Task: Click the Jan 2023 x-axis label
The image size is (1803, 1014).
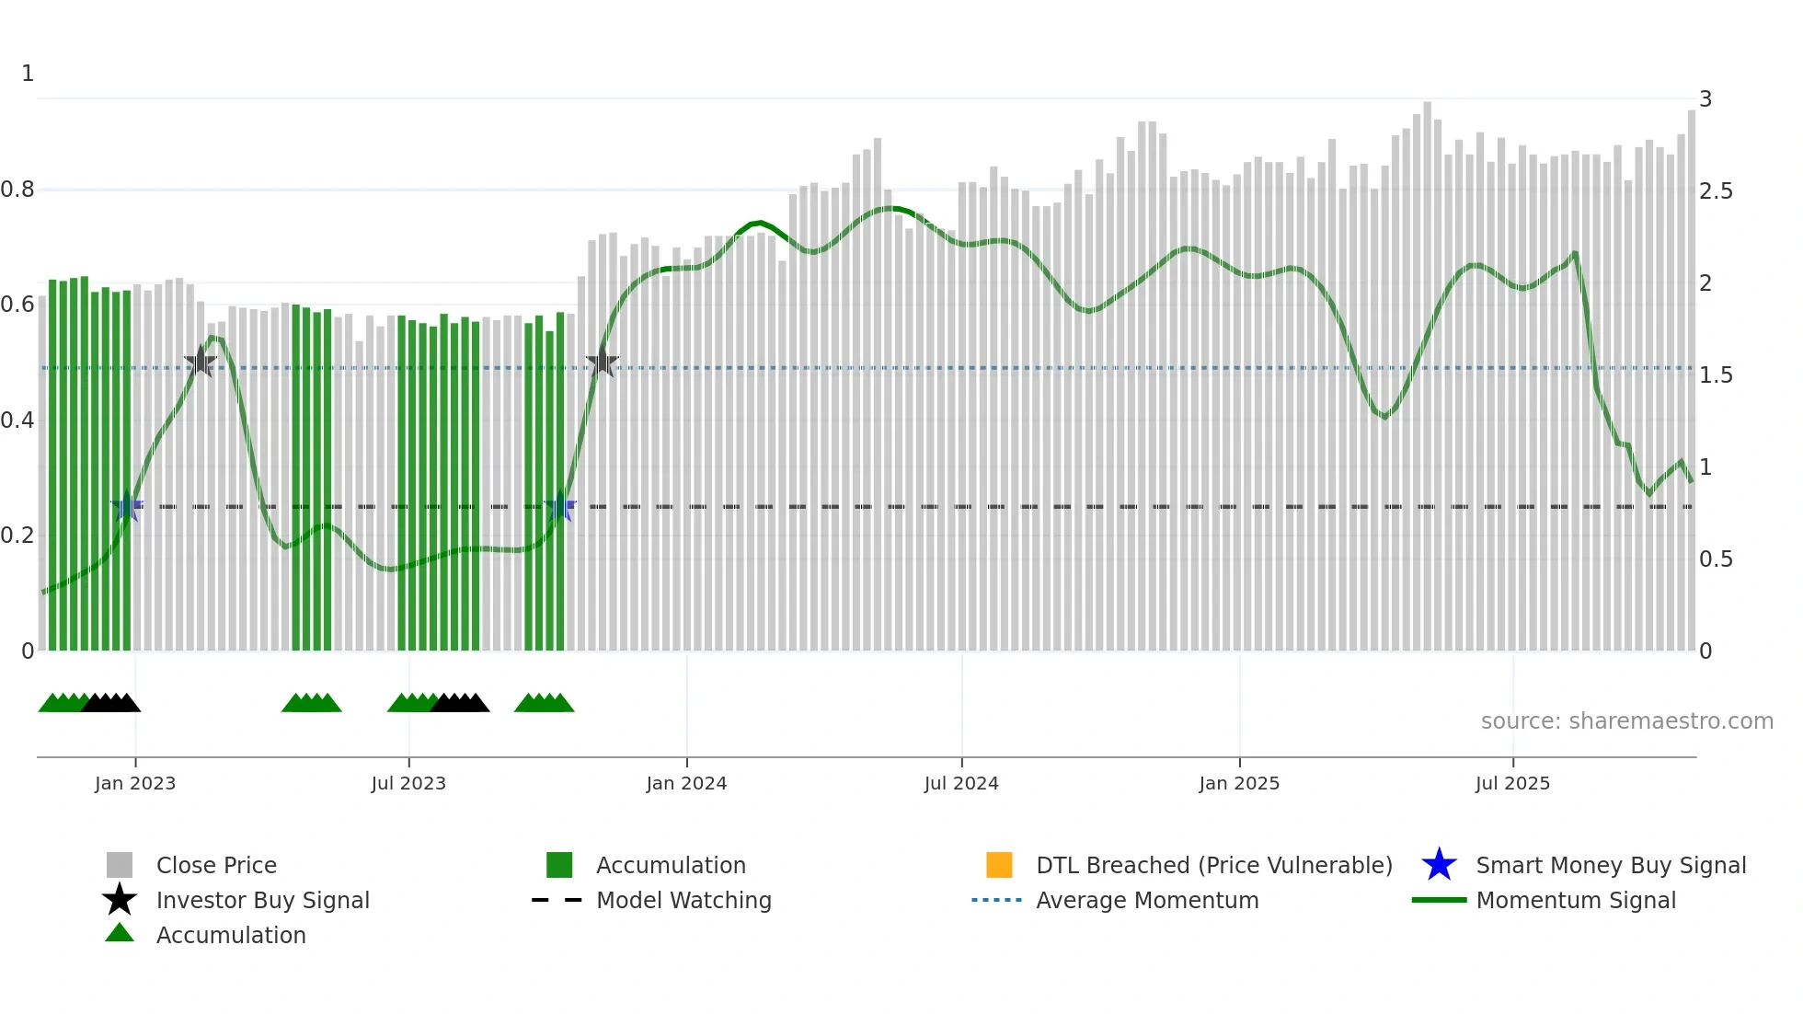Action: tap(135, 783)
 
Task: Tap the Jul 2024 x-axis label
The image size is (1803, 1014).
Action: tap(961, 783)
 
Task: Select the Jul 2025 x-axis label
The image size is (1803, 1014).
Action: tap(1512, 783)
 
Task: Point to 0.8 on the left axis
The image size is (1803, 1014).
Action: tap(18, 190)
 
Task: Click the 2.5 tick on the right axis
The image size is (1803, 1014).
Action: tap(1716, 190)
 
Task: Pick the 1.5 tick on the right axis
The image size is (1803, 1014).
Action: tap(1716, 374)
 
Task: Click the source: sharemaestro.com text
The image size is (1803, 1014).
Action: tap(1626, 720)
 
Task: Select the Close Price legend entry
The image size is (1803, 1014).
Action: tap(216, 865)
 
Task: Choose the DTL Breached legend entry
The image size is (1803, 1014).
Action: tap(1213, 865)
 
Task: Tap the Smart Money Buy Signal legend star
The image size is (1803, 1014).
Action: tap(1440, 865)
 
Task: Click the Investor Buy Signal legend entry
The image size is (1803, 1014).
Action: tap(262, 900)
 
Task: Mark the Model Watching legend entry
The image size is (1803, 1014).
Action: tap(683, 900)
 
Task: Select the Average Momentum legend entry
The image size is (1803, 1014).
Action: tap(1146, 900)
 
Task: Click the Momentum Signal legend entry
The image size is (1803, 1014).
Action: tap(1575, 900)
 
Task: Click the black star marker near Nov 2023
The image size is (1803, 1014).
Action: tap(603, 363)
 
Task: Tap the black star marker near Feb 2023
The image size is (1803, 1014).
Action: tap(201, 362)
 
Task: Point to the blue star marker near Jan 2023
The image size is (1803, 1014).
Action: tap(127, 506)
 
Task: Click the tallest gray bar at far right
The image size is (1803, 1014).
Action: tap(1691, 368)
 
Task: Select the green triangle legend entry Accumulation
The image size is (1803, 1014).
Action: tap(230, 935)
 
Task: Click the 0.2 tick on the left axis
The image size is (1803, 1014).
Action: tap(18, 536)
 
